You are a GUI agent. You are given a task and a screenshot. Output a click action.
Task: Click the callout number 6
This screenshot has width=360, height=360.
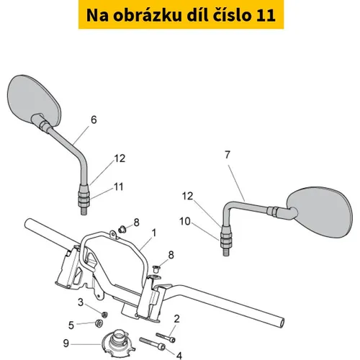[x=94, y=120]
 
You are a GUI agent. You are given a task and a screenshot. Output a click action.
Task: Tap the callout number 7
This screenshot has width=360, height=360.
[x=228, y=155]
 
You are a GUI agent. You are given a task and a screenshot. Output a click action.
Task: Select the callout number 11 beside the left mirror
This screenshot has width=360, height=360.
[x=119, y=186]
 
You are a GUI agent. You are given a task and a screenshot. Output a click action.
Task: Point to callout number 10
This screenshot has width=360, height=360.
[x=185, y=221]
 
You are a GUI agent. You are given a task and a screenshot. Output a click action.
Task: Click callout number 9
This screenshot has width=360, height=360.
[x=66, y=343]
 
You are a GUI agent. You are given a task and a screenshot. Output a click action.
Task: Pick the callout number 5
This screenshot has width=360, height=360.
[x=71, y=325]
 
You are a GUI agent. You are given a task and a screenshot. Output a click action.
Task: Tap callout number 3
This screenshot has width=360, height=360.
[x=81, y=302]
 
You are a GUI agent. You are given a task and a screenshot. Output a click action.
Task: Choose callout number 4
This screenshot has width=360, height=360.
[x=179, y=356]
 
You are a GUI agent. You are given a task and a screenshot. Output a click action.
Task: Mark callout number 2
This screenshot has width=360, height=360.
[x=176, y=319]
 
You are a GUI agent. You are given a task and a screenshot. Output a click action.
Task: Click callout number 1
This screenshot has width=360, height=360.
[x=154, y=233]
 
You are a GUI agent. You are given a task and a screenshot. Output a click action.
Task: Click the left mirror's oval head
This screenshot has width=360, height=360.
[x=34, y=100]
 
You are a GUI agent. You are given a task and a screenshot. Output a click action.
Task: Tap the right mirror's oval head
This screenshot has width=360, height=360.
[x=320, y=212]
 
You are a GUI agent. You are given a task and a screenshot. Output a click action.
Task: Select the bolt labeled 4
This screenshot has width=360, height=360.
[x=153, y=343]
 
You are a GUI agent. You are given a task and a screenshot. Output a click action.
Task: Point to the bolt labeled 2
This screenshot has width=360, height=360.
[x=166, y=337]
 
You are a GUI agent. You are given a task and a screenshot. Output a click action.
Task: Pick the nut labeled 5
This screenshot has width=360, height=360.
[x=99, y=323]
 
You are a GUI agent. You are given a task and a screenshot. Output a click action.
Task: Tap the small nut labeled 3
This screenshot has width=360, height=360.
[x=104, y=314]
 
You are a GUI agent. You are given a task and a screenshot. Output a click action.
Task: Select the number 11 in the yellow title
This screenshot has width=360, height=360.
[x=266, y=15]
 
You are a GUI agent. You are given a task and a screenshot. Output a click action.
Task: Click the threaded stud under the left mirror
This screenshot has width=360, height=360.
[x=84, y=211]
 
